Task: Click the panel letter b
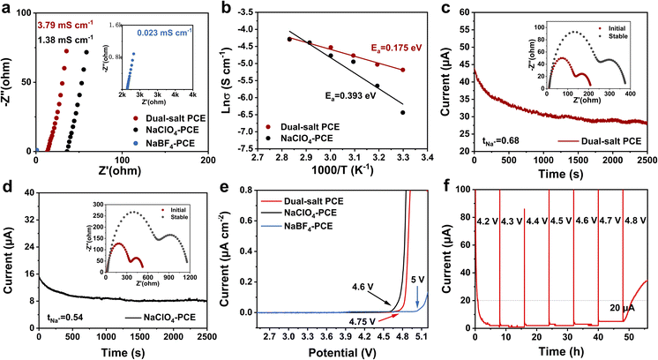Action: point(233,9)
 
